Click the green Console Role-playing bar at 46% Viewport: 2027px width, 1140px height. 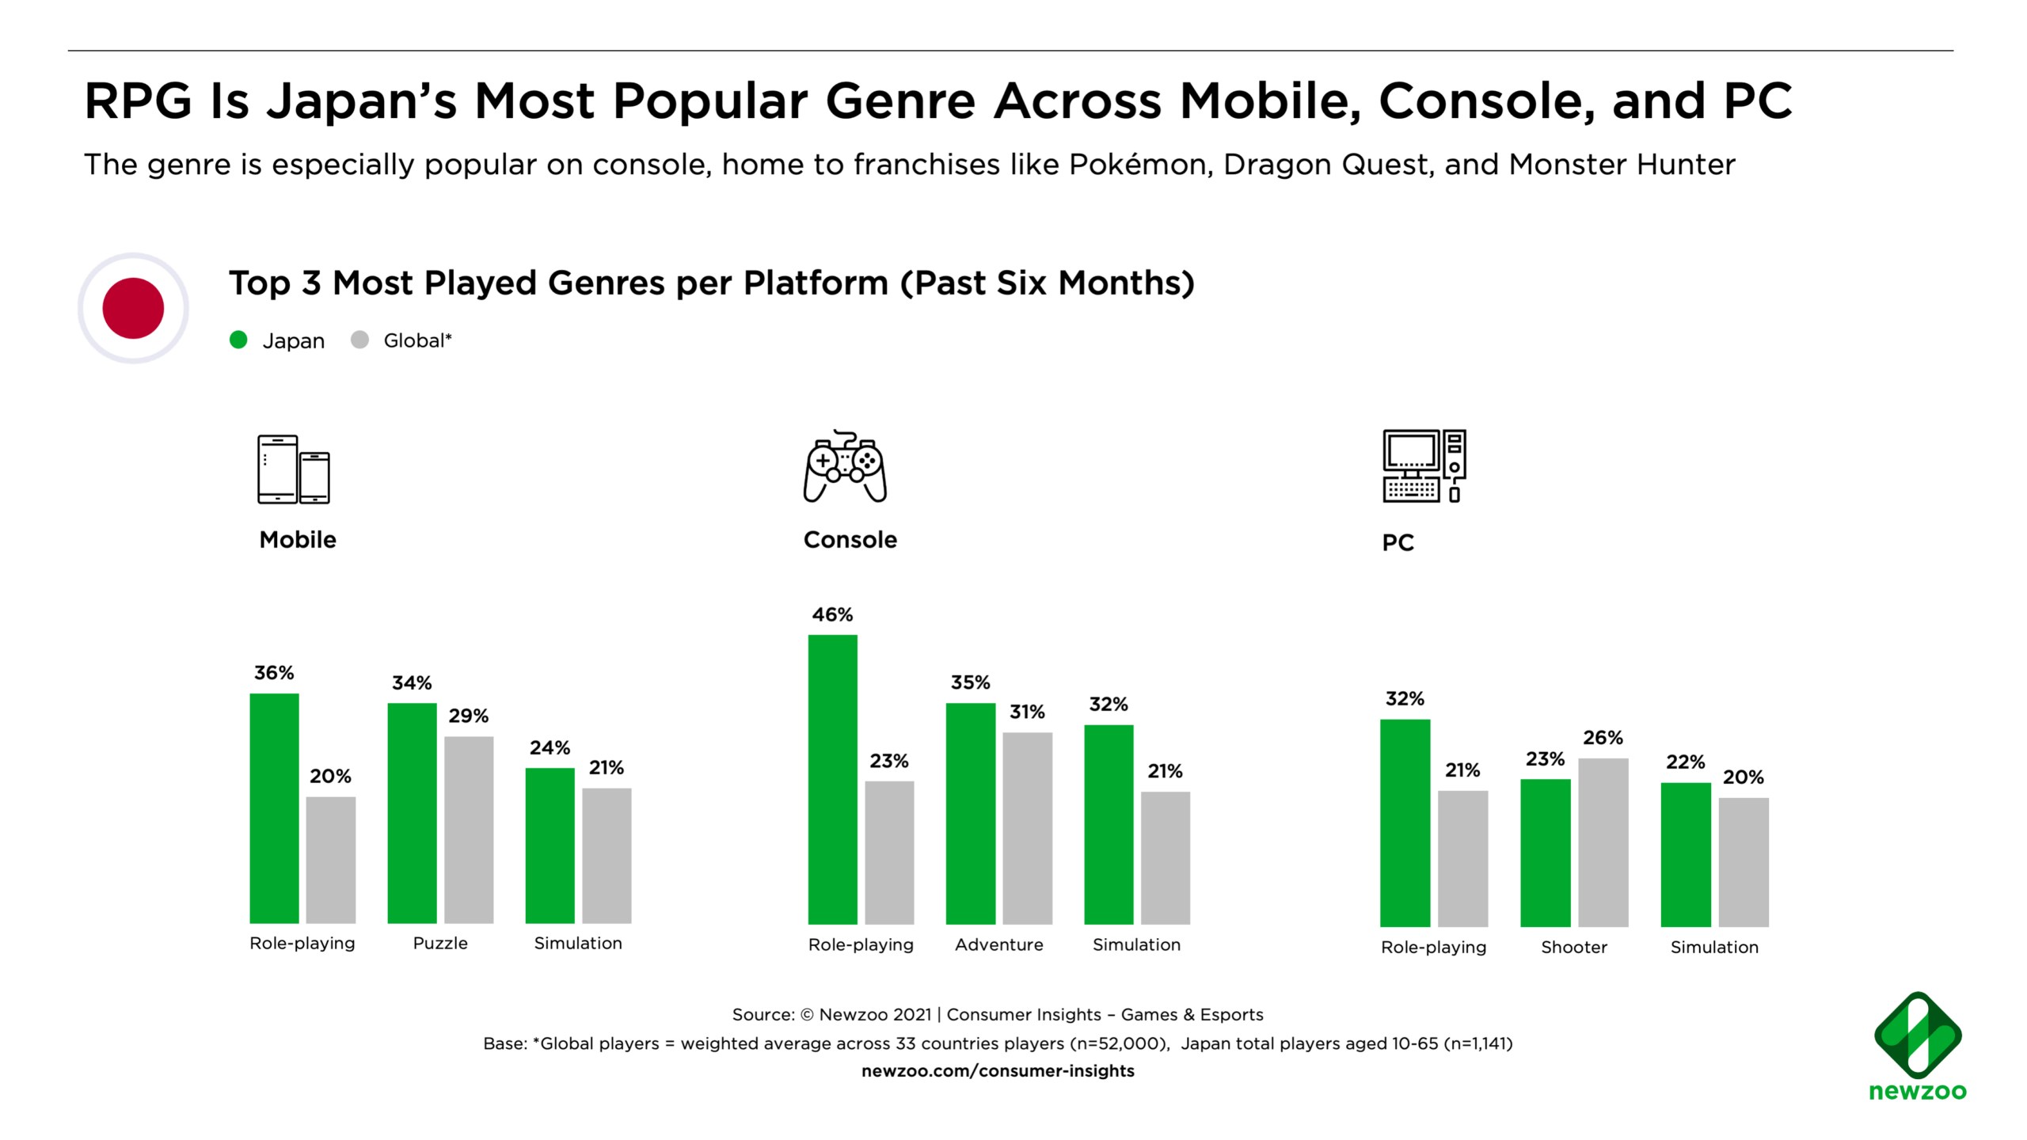pos(832,779)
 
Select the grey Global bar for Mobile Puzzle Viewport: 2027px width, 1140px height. pos(469,829)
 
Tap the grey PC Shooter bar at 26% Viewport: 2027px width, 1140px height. pos(1603,842)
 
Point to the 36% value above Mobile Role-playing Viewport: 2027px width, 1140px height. pos(274,673)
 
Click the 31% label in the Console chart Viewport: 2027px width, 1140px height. pos(1027,712)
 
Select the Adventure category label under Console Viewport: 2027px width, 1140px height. pos(998,944)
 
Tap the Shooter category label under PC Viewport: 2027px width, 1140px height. pos(1573,947)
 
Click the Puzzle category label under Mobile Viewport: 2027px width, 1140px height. pos(440,943)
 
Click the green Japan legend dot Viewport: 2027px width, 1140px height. pos(238,340)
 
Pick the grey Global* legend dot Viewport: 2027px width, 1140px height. pos(359,340)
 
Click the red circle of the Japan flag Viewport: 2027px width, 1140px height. pos(133,308)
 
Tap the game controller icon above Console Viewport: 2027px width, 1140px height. pos(845,466)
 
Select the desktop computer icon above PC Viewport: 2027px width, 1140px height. pos(1424,466)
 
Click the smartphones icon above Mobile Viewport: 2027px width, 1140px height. pos(294,469)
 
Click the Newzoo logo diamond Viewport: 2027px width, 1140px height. pos(1917,1034)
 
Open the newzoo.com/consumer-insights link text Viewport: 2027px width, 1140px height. pos(998,1070)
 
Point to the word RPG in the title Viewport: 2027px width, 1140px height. pos(139,101)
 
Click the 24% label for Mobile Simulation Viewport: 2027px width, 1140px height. pos(550,747)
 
